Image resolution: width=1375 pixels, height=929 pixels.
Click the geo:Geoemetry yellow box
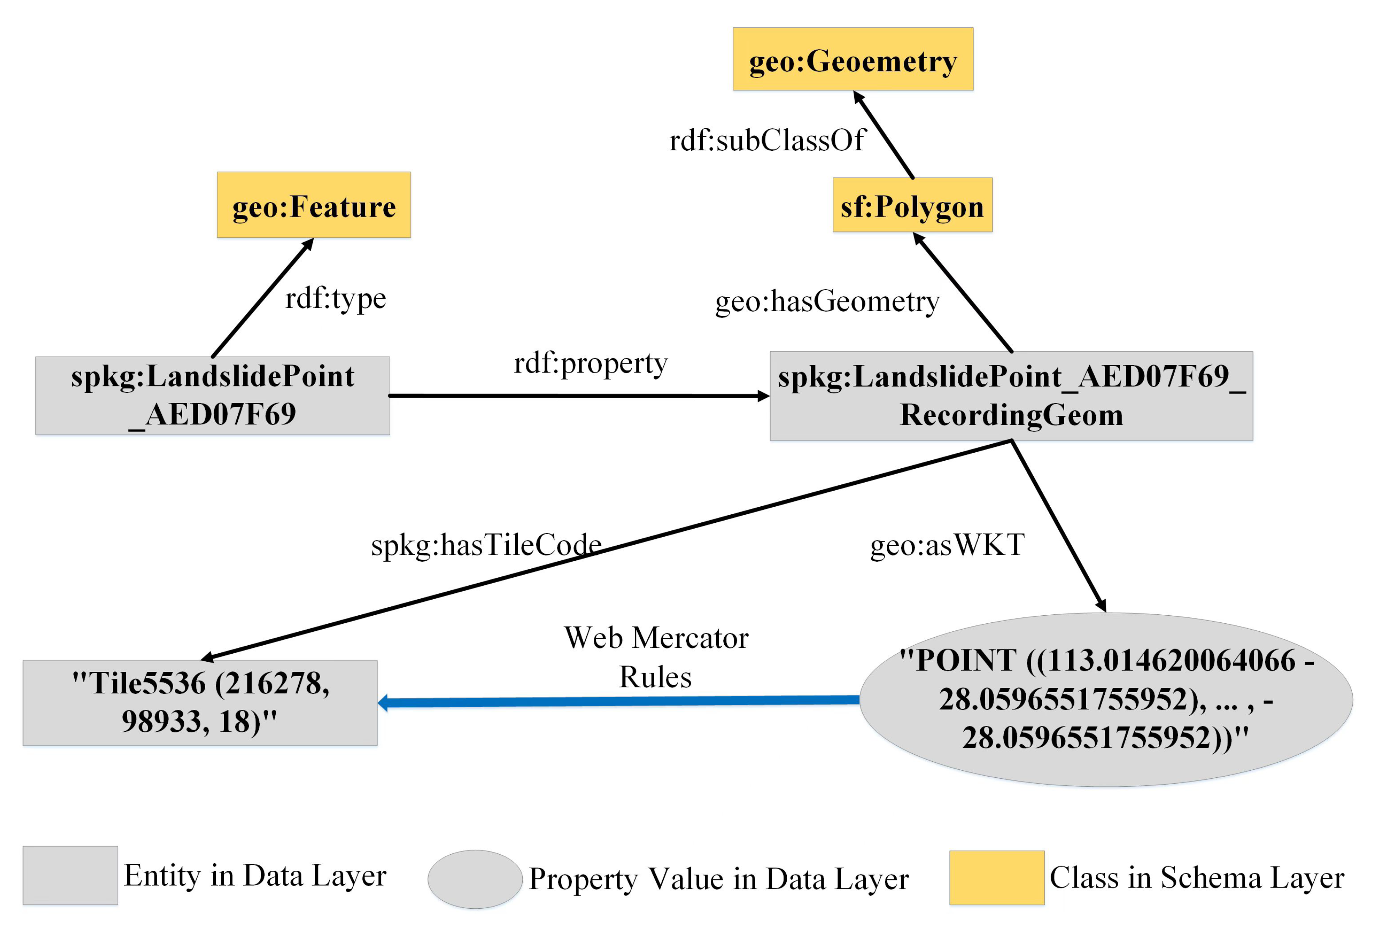[853, 59]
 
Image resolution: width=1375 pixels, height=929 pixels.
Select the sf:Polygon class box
[912, 205]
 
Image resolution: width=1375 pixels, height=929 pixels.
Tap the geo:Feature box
[314, 205]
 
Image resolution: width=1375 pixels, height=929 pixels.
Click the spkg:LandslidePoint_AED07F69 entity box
[212, 395]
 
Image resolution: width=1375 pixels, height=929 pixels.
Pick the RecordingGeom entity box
[1011, 396]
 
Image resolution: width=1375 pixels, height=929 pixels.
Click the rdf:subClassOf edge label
[767, 141]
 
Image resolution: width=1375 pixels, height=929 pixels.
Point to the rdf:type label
[335, 298]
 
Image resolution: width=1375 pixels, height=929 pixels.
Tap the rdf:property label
[590, 362]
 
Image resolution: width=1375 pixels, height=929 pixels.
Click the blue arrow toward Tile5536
[618, 702]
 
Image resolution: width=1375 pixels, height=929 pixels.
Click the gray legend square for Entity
[71, 875]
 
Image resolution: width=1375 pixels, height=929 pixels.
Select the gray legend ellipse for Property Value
[475, 879]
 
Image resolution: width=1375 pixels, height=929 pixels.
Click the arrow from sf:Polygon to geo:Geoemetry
[884, 135]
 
